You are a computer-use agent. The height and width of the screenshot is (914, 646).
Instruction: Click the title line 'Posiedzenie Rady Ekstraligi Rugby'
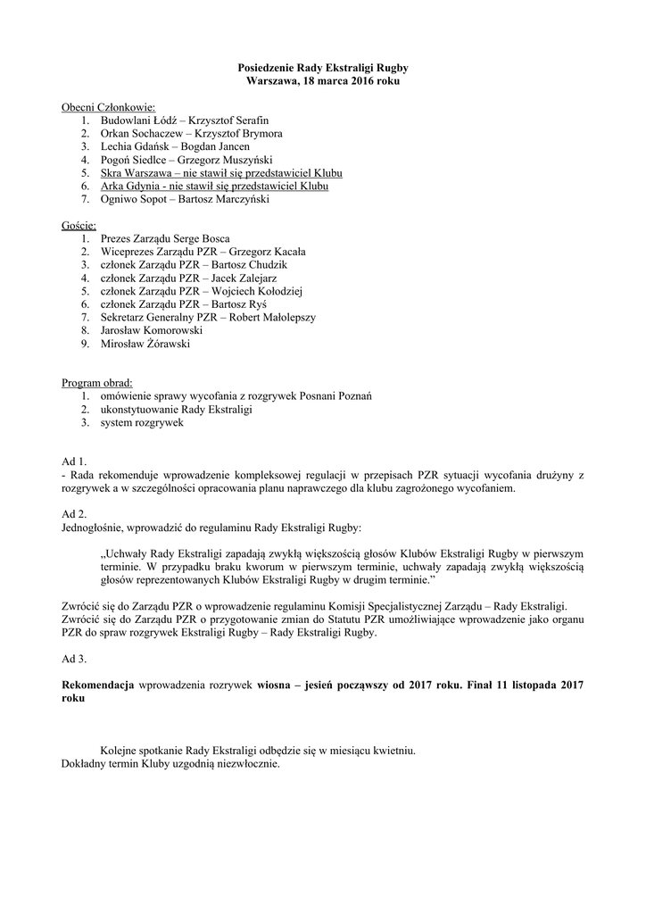tap(323, 67)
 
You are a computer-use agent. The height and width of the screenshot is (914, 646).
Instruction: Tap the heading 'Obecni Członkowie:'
tap(108, 107)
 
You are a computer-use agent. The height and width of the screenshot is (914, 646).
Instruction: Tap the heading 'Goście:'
tap(79, 227)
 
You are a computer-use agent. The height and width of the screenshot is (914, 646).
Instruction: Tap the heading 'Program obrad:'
tap(96, 383)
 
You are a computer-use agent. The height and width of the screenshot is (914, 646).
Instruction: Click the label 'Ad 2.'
tap(74, 514)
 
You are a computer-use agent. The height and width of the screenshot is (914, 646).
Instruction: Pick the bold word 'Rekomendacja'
tap(97, 685)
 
